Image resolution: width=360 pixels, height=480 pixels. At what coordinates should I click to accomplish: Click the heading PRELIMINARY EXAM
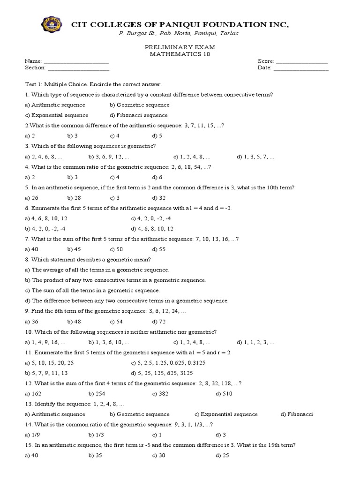pyautogui.click(x=180, y=48)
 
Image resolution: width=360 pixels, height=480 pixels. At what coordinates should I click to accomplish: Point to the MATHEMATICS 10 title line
pyautogui.click(x=180, y=54)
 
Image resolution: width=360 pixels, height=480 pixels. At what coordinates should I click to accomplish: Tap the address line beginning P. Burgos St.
pyautogui.click(x=180, y=34)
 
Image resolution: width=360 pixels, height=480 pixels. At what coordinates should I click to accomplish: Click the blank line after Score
pyautogui.click(x=301, y=62)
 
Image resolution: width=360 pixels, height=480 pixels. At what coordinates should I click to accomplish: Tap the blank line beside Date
pyautogui.click(x=301, y=68)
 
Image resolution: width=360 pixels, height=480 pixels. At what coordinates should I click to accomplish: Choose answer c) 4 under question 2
pyautogui.click(x=115, y=136)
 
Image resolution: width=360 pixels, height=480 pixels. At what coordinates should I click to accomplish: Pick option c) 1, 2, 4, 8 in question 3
pyautogui.click(x=192, y=157)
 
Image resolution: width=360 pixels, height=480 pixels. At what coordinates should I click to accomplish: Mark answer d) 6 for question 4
pyautogui.click(x=157, y=177)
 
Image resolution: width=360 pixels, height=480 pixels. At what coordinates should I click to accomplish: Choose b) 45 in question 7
pyautogui.click(x=74, y=249)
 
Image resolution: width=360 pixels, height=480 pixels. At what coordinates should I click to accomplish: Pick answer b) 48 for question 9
pyautogui.click(x=74, y=322)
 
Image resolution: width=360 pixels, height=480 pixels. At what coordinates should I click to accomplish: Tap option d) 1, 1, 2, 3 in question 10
pyautogui.click(x=256, y=342)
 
